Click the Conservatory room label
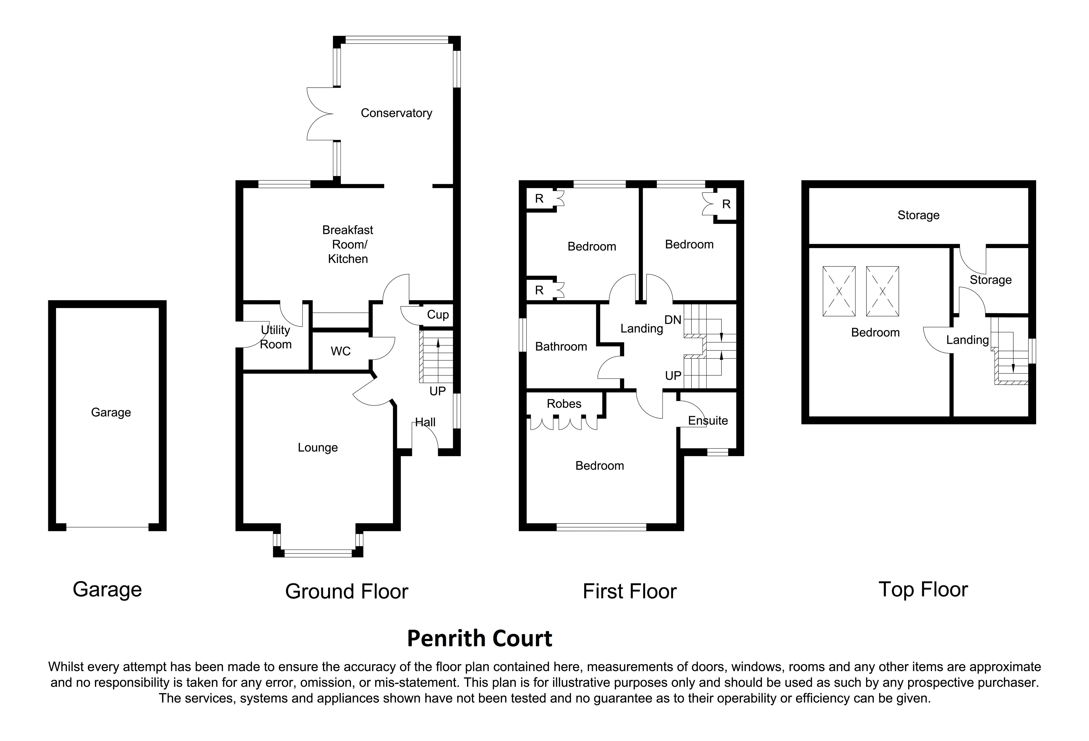(x=396, y=113)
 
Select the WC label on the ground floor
(x=341, y=351)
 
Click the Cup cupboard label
(x=438, y=315)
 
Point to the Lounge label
(x=318, y=448)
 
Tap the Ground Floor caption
(x=347, y=592)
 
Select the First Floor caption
(x=630, y=592)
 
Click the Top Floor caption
(x=923, y=590)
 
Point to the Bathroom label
(x=561, y=347)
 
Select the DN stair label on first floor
(x=673, y=320)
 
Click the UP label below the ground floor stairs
(x=438, y=391)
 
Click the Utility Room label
(x=276, y=337)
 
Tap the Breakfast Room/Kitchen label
(x=348, y=245)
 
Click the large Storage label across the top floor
(x=918, y=215)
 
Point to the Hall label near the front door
(x=426, y=422)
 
